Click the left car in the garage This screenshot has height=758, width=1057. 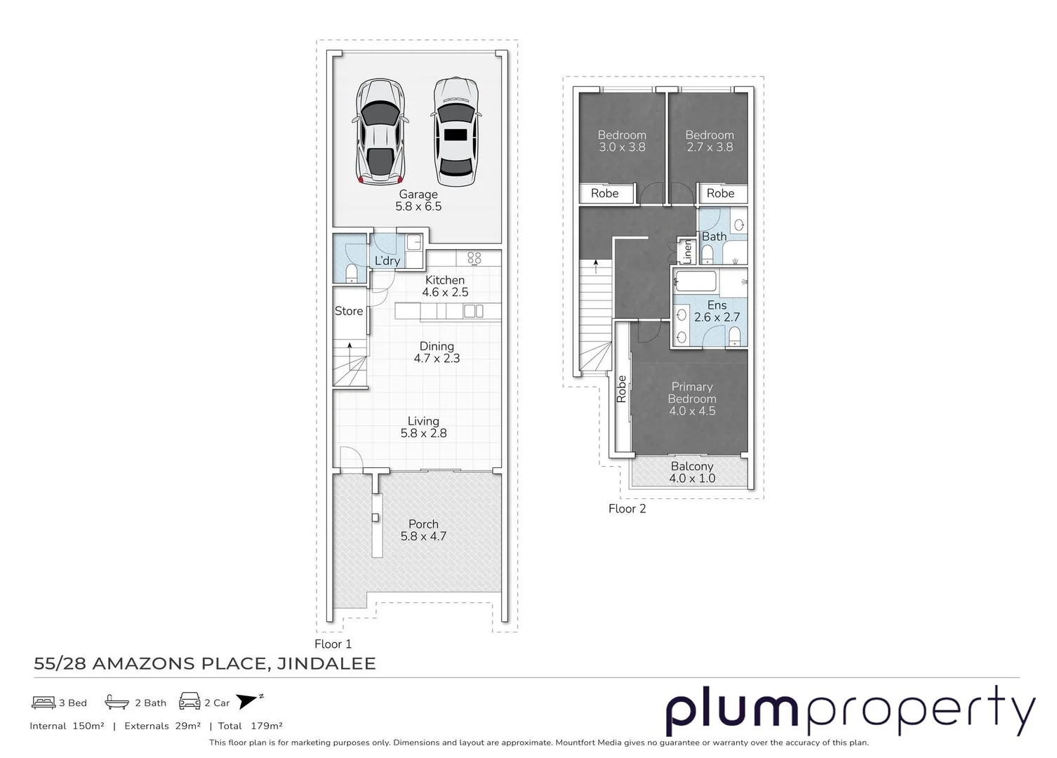[x=380, y=131]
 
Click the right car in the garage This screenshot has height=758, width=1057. [x=456, y=131]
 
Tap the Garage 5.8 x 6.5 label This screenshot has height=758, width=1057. [x=418, y=200]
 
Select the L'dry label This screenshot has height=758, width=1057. [x=387, y=260]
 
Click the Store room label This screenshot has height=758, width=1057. [x=349, y=311]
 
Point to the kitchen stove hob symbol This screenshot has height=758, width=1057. [x=474, y=258]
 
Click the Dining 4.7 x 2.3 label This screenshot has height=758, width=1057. [x=437, y=352]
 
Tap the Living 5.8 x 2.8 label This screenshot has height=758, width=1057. [x=423, y=427]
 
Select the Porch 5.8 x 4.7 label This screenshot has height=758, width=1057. [x=423, y=530]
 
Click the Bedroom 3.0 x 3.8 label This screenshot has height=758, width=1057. [x=622, y=141]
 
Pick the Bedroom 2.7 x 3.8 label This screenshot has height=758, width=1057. [x=710, y=141]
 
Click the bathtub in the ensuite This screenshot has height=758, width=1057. [x=695, y=282]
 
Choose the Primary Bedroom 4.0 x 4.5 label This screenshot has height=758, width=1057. [x=692, y=399]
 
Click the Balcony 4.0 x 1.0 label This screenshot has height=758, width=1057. [x=692, y=472]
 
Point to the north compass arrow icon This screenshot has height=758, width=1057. [x=248, y=700]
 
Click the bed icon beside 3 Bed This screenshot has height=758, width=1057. [x=44, y=702]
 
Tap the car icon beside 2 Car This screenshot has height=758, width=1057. [x=190, y=701]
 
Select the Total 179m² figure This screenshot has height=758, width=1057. [x=251, y=726]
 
